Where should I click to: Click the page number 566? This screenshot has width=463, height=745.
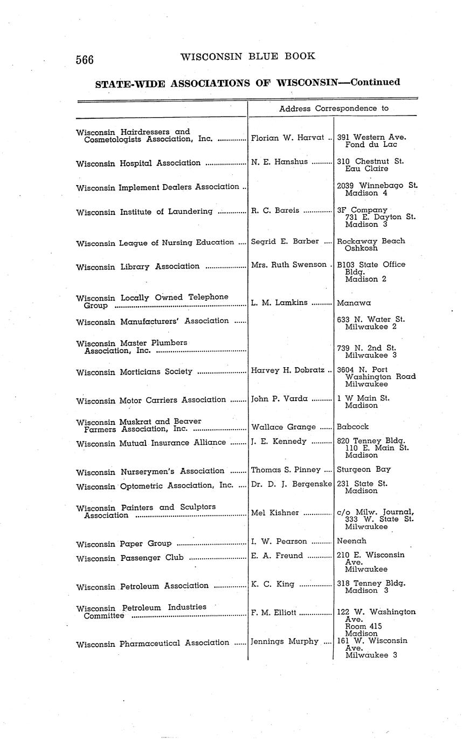(x=85, y=60)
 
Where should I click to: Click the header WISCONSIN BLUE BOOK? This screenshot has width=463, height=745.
(x=247, y=56)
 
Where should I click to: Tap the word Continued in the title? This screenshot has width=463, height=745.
(x=375, y=82)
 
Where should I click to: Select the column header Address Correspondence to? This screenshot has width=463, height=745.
(x=334, y=108)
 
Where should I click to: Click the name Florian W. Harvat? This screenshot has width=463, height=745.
(x=286, y=138)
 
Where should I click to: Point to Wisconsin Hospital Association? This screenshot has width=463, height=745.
(x=139, y=162)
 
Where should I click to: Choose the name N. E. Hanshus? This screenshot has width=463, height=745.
(x=279, y=161)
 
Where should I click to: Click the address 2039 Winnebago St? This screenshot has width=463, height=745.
(x=377, y=185)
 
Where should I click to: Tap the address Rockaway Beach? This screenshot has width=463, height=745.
(x=370, y=241)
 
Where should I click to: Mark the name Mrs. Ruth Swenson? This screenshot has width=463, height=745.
(x=288, y=265)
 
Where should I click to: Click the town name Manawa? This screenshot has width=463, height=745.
(x=354, y=303)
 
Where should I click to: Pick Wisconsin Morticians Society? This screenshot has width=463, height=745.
(x=134, y=371)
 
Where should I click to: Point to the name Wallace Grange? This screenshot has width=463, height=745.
(x=283, y=427)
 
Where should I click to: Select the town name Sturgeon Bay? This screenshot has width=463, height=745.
(x=364, y=469)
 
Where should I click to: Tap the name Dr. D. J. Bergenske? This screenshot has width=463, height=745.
(x=291, y=484)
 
